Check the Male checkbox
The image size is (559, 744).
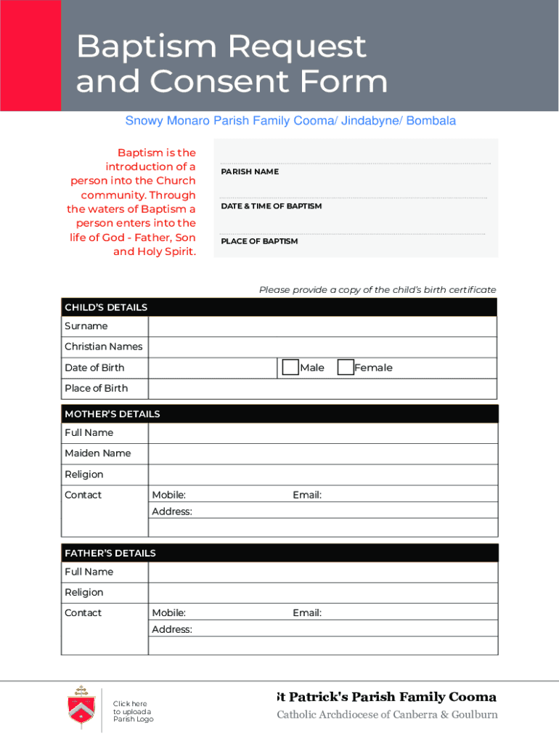[x=290, y=368]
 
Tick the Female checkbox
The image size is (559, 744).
[x=346, y=368]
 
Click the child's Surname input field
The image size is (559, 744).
[x=322, y=326]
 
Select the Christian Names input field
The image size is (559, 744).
[x=322, y=347]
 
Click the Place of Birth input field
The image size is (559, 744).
[x=322, y=388]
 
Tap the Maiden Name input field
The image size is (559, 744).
[x=322, y=453]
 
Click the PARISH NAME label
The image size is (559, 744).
[x=250, y=171]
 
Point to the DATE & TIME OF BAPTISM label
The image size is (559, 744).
[x=271, y=206]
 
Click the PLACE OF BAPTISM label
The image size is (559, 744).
[x=259, y=241]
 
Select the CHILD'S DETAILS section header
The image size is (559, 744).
[x=106, y=307]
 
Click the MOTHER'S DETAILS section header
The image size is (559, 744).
[x=113, y=414]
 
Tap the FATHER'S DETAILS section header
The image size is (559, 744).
[x=110, y=553]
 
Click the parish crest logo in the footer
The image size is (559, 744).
[x=80, y=705]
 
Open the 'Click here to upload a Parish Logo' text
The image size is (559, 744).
[x=133, y=711]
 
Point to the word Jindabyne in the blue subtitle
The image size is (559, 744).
[x=370, y=121]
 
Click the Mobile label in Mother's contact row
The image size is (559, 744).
[x=168, y=495]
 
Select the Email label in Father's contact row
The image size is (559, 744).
[x=307, y=612]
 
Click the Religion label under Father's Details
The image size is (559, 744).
[x=84, y=592]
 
